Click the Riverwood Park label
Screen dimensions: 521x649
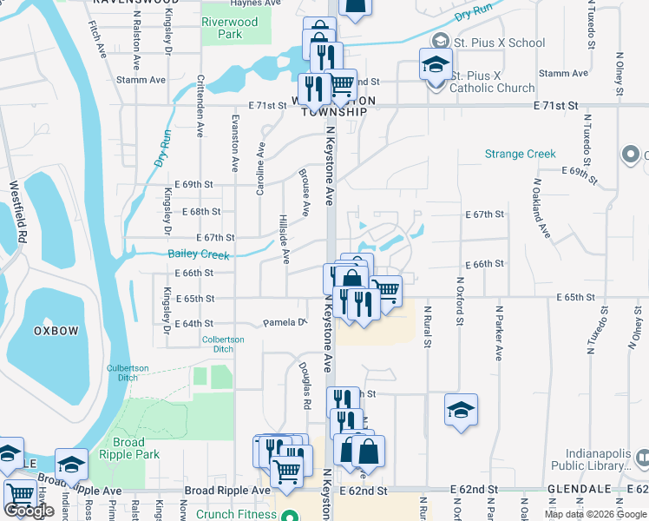coord(229,28)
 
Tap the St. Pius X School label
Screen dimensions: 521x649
coord(502,43)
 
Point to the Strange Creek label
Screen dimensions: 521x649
coord(520,154)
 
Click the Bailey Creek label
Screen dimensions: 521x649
coord(199,255)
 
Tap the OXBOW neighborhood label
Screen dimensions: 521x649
coord(56,331)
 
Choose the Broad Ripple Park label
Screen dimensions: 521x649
coord(129,448)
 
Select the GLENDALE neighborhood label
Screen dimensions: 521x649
coord(580,490)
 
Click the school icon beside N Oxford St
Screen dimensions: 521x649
coord(461,410)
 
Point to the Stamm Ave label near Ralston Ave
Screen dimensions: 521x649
coord(145,80)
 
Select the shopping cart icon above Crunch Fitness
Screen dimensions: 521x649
coord(286,471)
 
